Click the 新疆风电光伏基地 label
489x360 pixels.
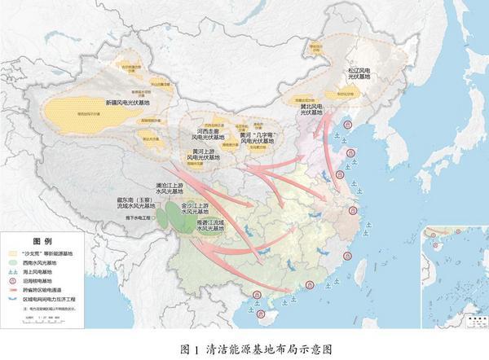[x=131, y=104]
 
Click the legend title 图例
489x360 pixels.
[x=42, y=242]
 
